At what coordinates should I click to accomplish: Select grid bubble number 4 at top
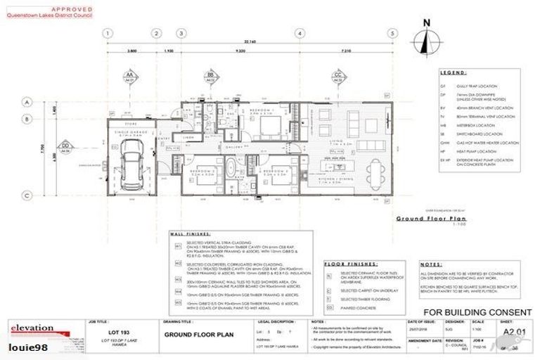point(300,33)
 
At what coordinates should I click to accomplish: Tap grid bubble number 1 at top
point(108,33)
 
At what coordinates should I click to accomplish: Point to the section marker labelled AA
point(129,75)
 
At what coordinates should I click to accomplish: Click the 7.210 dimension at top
point(346,51)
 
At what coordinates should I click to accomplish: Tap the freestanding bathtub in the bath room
point(229,172)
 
